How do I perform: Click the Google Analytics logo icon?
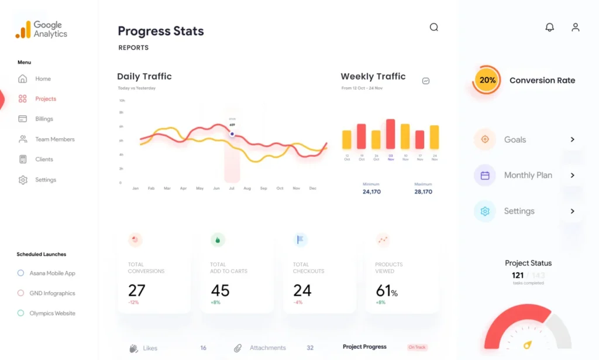click(23, 30)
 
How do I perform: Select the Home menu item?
click(43, 79)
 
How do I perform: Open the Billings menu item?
click(44, 119)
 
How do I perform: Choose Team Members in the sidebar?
click(54, 139)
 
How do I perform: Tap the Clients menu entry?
click(44, 159)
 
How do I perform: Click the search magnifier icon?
click(433, 27)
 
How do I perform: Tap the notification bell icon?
click(549, 27)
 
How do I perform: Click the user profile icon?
click(576, 27)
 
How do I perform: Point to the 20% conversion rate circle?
click(487, 80)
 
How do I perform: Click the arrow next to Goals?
click(572, 139)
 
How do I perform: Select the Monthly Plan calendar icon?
click(485, 175)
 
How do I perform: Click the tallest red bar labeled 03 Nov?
click(390, 134)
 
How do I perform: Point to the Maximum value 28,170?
click(423, 191)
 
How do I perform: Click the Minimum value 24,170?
click(371, 191)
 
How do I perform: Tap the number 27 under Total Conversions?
click(137, 290)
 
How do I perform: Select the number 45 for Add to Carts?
click(220, 290)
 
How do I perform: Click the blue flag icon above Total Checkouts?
click(301, 239)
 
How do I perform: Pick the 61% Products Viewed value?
click(387, 290)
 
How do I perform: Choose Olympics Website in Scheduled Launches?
click(52, 313)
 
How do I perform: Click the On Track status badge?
click(417, 347)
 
